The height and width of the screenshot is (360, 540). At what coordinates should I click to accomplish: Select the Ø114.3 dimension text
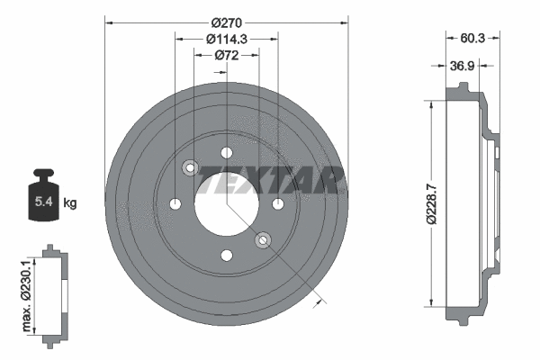(x=226, y=38)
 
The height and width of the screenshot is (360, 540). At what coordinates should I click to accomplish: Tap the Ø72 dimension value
(x=226, y=55)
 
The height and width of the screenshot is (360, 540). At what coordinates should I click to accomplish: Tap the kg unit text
(x=70, y=203)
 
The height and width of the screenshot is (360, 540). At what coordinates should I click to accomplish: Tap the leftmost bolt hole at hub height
(x=175, y=203)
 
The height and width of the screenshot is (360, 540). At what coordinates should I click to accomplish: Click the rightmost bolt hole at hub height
(x=277, y=203)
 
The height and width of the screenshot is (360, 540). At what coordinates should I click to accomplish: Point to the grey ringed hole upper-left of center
(x=190, y=167)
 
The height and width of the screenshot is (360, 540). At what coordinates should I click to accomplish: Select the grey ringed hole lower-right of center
(x=263, y=239)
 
